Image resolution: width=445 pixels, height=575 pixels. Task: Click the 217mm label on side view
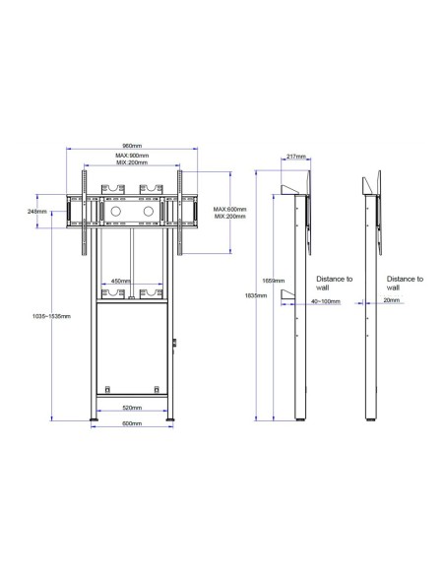tap(296, 156)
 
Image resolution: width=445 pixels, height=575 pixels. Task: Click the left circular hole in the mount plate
tap(113, 211)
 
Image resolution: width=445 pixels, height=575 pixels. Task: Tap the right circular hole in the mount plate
tap(151, 211)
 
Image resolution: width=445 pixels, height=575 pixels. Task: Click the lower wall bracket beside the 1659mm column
tap(286, 296)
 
